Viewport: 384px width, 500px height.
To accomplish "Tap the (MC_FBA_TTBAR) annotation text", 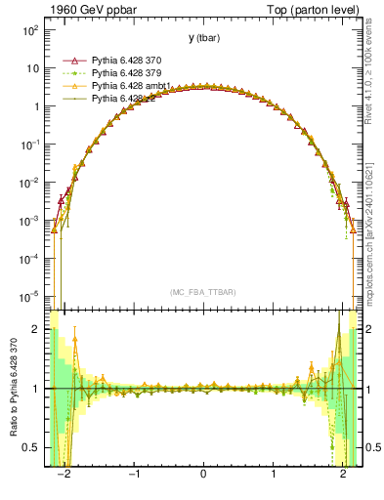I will click(x=203, y=292).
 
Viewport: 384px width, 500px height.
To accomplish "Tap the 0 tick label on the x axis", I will click(x=203, y=476).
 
